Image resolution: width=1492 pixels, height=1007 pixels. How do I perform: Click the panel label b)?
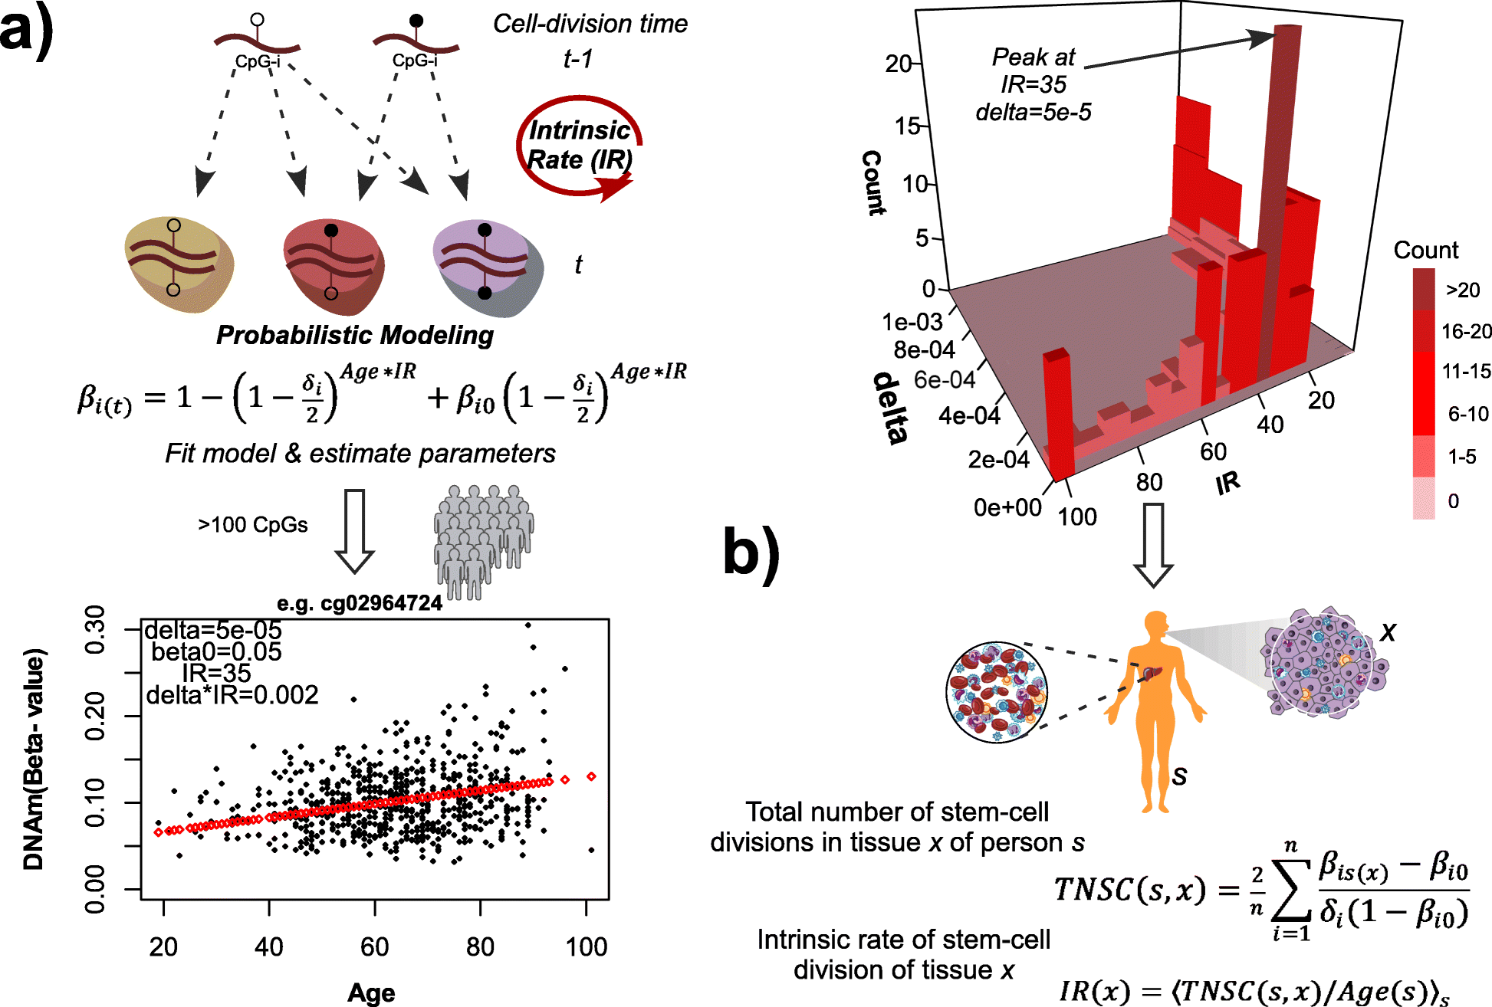tap(751, 553)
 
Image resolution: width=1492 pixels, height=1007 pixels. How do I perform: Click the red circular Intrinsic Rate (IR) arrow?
tap(579, 146)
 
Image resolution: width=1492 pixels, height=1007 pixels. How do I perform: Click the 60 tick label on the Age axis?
tap(374, 947)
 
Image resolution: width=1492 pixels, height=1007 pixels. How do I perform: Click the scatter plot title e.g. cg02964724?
tap(359, 604)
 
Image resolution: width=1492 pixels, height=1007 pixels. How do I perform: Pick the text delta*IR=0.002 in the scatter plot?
tap(232, 695)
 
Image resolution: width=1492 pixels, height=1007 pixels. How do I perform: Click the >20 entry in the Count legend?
tap(1461, 290)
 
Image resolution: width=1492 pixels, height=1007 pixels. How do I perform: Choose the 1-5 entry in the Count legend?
tap(1461, 457)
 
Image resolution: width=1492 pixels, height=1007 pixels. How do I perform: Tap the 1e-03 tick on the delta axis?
tap(912, 322)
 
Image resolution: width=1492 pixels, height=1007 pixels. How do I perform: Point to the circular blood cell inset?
tap(996, 693)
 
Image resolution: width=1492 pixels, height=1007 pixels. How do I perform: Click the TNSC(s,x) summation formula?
tap(1260, 890)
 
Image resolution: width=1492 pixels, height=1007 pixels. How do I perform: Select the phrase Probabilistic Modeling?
tap(354, 335)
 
